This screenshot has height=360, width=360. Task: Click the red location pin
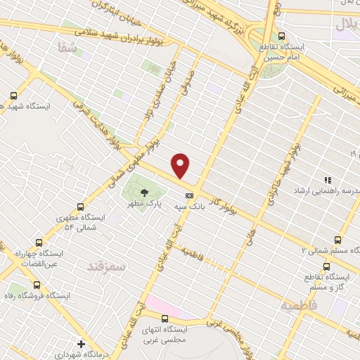[181, 165]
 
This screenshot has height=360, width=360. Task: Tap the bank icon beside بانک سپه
[188, 195]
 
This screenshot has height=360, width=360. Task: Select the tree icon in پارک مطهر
[144, 192]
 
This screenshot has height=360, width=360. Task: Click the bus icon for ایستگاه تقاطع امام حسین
[282, 36]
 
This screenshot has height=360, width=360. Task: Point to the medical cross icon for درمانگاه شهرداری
[82, 345]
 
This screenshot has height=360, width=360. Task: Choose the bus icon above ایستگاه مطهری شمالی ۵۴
[80, 207]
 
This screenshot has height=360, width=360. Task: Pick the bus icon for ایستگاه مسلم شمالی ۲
[338, 240]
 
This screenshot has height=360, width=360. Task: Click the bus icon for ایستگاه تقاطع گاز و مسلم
[326, 266]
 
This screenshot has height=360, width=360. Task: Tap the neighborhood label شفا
[63, 46]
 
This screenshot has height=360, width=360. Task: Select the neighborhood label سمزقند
[105, 266]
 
